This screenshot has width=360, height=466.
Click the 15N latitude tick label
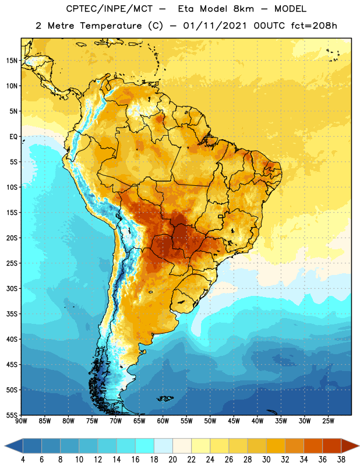point(12,61)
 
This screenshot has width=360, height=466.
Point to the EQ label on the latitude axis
point(13,137)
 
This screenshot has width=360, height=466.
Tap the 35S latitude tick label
point(12,314)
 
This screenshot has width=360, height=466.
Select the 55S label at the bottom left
point(12,415)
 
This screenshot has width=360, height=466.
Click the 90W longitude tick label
point(21,421)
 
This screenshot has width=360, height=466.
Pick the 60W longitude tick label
point(163,421)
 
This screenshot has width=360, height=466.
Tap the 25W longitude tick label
point(328,421)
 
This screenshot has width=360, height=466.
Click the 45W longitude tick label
point(234,421)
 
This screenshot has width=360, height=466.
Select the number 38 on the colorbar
point(341,460)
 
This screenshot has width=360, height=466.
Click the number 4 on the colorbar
point(23,460)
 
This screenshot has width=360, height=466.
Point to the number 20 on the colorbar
point(172,460)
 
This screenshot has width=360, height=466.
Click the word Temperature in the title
point(111,26)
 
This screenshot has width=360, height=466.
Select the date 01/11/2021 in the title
point(214,26)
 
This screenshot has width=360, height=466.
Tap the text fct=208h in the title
point(314,26)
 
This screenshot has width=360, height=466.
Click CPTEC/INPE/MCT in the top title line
point(109,9)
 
